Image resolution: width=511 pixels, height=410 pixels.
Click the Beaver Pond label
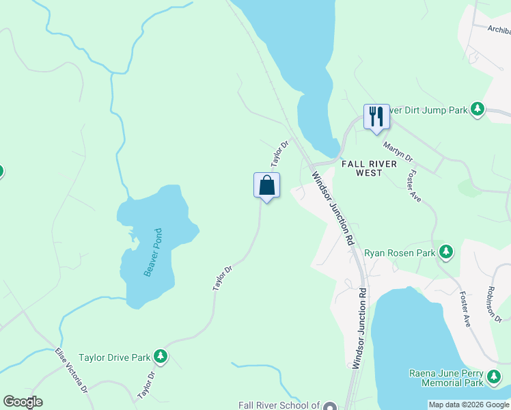tap(153, 252)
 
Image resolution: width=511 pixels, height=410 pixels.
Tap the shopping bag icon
tap(266, 185)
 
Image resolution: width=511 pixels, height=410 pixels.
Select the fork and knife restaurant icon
tap(376, 116)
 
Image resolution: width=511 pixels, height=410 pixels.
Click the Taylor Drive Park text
tap(114, 357)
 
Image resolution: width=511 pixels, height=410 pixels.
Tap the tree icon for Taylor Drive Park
tap(161, 356)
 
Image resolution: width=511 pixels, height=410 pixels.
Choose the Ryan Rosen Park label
tap(400, 253)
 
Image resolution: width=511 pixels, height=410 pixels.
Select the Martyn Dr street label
tap(398, 151)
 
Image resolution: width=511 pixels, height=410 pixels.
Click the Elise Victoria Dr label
tap(71, 372)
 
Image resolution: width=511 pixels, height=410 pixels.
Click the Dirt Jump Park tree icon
tap(478, 109)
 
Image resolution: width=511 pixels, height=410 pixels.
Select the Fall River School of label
tap(279, 405)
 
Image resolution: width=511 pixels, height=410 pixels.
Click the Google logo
tap(23, 402)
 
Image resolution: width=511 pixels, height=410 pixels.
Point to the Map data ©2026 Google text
tap(469, 405)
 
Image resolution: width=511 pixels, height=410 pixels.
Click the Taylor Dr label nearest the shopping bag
tap(280, 153)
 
